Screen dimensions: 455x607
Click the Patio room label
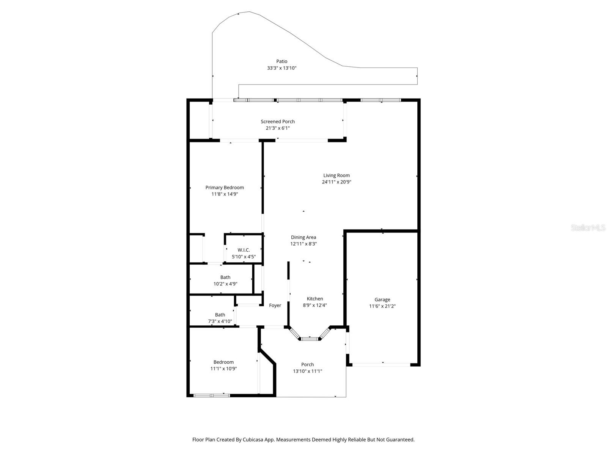[x=281, y=61]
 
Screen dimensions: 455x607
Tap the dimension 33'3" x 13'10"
[x=281, y=68]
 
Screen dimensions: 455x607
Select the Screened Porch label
[x=278, y=122]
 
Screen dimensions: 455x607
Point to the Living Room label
[x=337, y=176]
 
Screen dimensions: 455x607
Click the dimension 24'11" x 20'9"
[x=337, y=182]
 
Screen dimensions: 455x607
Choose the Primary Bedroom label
[x=225, y=188]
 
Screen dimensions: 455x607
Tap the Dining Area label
[x=303, y=237]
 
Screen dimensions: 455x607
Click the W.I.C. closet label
[x=244, y=250]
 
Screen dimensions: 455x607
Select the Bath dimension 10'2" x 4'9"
[x=225, y=284]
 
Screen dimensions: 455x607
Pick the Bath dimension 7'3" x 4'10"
[x=220, y=322]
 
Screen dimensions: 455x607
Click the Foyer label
[x=275, y=306]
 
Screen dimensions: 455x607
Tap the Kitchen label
[x=315, y=299]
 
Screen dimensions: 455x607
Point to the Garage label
[x=382, y=300]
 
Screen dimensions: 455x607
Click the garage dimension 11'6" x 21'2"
[x=382, y=306]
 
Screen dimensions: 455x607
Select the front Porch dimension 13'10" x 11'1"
[x=308, y=372]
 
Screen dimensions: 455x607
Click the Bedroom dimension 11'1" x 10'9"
[x=223, y=369]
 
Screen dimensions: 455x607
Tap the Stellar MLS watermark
[x=588, y=228]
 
